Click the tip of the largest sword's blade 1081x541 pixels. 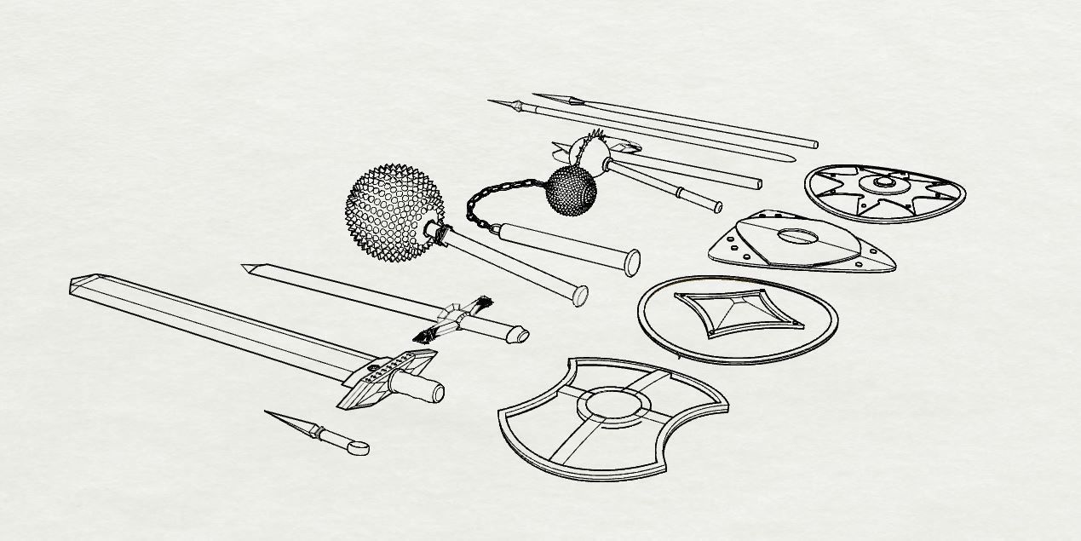[x=73, y=285]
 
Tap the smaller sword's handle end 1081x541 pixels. [x=517, y=335]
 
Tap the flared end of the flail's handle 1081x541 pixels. [x=633, y=263]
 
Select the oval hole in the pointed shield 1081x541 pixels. [x=797, y=236]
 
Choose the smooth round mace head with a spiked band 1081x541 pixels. [x=590, y=149]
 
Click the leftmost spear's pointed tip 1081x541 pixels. [x=492, y=101]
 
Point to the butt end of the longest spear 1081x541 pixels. [x=814, y=144]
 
